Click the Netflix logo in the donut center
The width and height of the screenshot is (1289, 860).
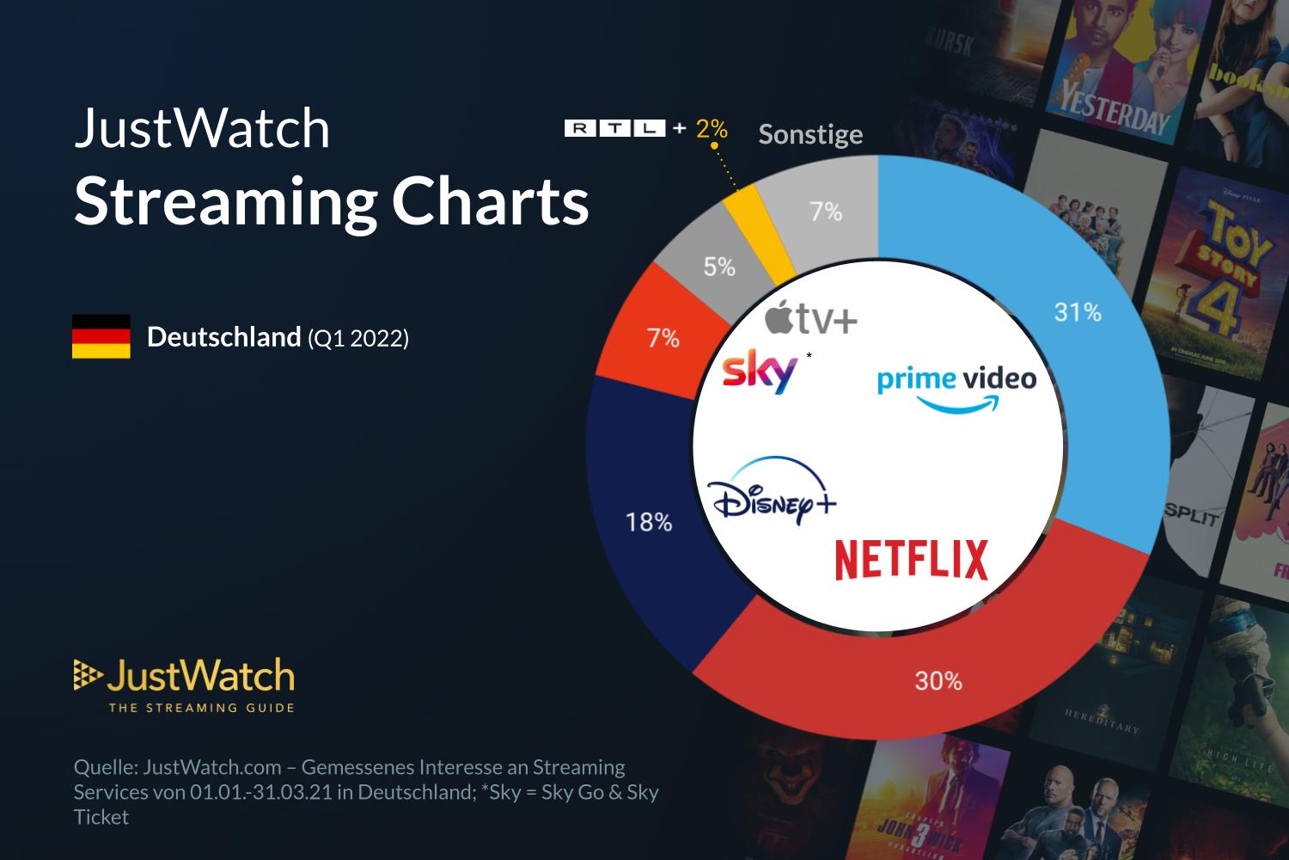[x=912, y=559]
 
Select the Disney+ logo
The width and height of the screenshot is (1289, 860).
[x=771, y=491]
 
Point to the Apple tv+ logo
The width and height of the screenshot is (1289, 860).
[x=811, y=319]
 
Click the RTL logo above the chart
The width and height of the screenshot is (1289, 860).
[x=614, y=129]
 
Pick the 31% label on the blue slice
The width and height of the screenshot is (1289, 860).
[x=1078, y=311]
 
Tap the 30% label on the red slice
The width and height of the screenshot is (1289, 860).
[x=938, y=681]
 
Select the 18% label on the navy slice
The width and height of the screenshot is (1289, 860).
[x=649, y=521]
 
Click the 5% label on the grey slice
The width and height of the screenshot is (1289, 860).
[x=719, y=267]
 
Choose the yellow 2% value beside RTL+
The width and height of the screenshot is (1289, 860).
[x=712, y=129]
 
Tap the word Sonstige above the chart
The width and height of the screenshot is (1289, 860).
[x=810, y=135]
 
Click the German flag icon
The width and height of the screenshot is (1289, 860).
[x=101, y=336]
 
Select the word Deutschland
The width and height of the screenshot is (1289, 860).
[x=223, y=337]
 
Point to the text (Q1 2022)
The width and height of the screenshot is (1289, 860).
[x=358, y=339]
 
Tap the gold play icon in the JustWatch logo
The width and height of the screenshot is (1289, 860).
[x=85, y=676]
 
